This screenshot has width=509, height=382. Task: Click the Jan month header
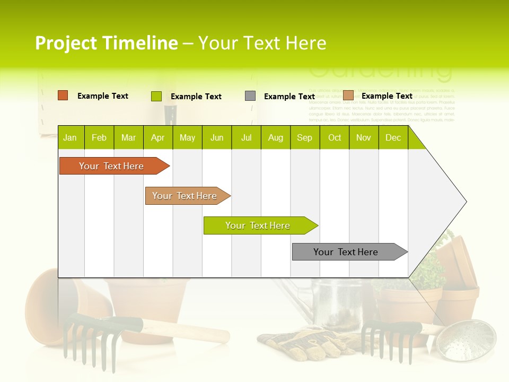point(70,138)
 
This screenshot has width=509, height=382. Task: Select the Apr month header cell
point(157,138)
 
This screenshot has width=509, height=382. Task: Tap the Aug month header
point(275,138)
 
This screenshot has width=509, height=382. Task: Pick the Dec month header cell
point(393,138)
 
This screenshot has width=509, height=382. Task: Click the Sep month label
point(304,138)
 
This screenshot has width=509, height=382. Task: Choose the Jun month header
point(217,138)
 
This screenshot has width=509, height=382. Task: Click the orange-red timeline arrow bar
point(111,166)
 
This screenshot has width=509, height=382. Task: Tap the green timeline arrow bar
point(258,225)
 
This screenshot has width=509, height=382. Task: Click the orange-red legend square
point(63,95)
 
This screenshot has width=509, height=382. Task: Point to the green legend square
point(156,96)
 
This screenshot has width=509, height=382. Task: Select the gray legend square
point(250,96)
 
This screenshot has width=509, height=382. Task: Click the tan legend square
point(348,95)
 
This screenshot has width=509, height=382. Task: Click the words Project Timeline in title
point(106,43)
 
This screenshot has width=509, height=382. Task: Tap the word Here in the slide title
point(306,43)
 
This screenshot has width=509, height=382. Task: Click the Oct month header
point(335,138)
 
